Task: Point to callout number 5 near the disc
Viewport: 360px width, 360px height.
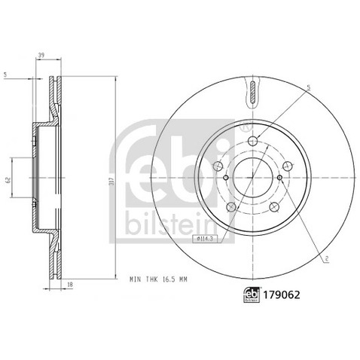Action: coord(309,89)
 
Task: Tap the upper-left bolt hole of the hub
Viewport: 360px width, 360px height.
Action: coord(218,166)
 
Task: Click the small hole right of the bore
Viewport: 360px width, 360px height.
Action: coord(279,178)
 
